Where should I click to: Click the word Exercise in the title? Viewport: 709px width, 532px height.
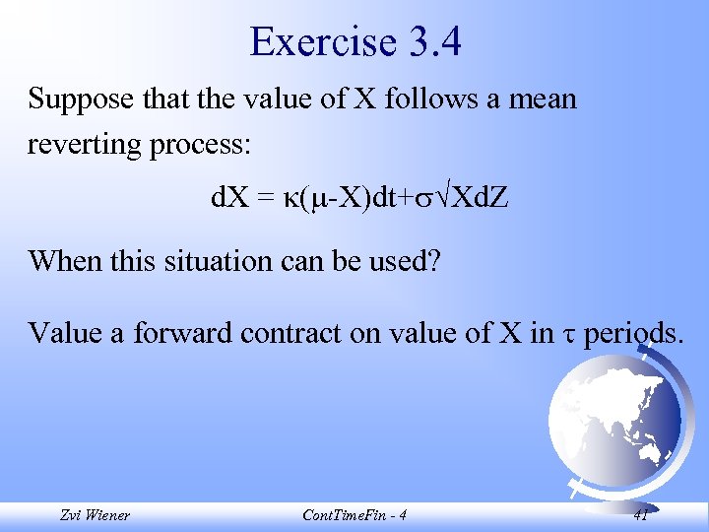tap(321, 42)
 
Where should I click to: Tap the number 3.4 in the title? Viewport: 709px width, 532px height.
tap(430, 42)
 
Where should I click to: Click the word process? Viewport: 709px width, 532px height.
tap(204, 144)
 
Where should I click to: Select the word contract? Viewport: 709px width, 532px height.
tap(310, 333)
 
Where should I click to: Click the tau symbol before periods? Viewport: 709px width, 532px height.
tap(570, 334)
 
